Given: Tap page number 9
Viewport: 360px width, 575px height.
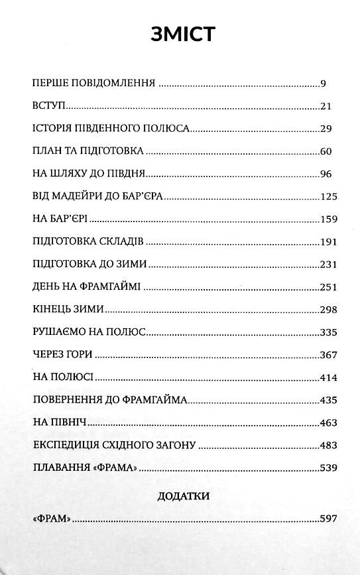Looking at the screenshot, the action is coord(323,84).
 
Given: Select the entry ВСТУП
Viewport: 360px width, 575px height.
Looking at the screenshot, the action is coord(50,106).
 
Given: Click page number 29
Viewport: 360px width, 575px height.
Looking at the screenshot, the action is coord(326,129).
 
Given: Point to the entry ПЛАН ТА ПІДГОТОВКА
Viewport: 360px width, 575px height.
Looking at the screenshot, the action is coord(88,152).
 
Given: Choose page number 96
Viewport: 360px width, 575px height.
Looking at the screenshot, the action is coord(325,174).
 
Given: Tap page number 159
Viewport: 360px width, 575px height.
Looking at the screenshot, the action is coord(329,219).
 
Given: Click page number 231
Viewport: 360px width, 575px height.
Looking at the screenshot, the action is coord(329,265).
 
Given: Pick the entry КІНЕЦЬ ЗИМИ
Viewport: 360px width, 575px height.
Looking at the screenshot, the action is coord(68,310).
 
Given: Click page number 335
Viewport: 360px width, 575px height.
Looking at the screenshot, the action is coord(329,332).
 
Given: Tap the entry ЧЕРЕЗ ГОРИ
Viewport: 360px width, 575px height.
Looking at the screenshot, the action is coord(62,355).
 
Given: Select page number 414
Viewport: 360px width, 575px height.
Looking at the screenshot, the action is coord(329,377).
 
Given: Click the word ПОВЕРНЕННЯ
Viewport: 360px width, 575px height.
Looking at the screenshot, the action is coord(67,400).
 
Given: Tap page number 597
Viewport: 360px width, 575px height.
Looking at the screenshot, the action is coord(329,519).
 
